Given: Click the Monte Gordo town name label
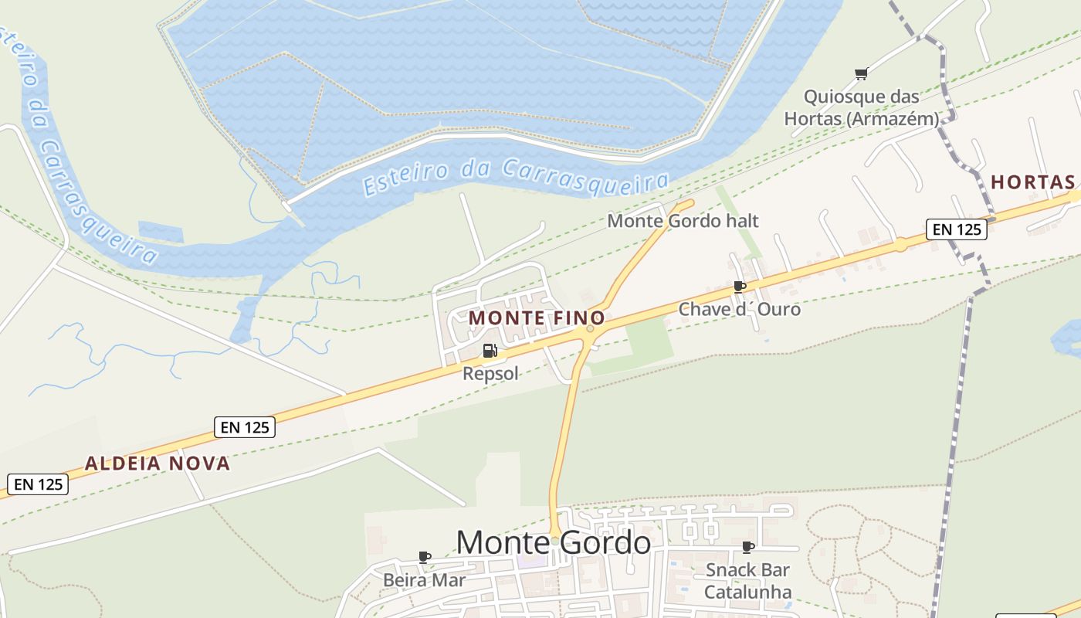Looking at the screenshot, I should [553, 543].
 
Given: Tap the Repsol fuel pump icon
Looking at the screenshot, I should [490, 351].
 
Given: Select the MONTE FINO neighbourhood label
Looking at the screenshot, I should [537, 317].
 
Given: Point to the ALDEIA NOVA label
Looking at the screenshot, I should [158, 463].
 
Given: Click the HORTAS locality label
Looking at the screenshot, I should [1032, 182].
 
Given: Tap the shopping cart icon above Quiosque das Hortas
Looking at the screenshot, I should [861, 74].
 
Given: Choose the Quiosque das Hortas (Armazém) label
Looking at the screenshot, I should [862, 107].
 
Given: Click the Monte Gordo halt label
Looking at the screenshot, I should [683, 221].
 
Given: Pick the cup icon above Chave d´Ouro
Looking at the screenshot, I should [740, 287].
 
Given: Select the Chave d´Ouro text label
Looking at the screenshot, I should [739, 309].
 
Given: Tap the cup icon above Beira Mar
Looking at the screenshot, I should [424, 557].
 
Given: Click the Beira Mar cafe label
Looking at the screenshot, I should [424, 579].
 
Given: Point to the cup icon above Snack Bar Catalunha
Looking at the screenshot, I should [747, 548].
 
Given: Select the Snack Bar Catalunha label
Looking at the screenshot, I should [747, 581].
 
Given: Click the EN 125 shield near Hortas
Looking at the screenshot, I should [957, 229].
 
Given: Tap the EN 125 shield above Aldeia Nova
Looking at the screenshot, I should [245, 427].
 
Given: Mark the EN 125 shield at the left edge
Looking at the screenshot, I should [38, 484].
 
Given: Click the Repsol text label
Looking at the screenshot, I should [490, 374].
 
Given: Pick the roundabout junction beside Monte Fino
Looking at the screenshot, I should [590, 329].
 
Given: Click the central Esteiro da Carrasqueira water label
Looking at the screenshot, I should [515, 177].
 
